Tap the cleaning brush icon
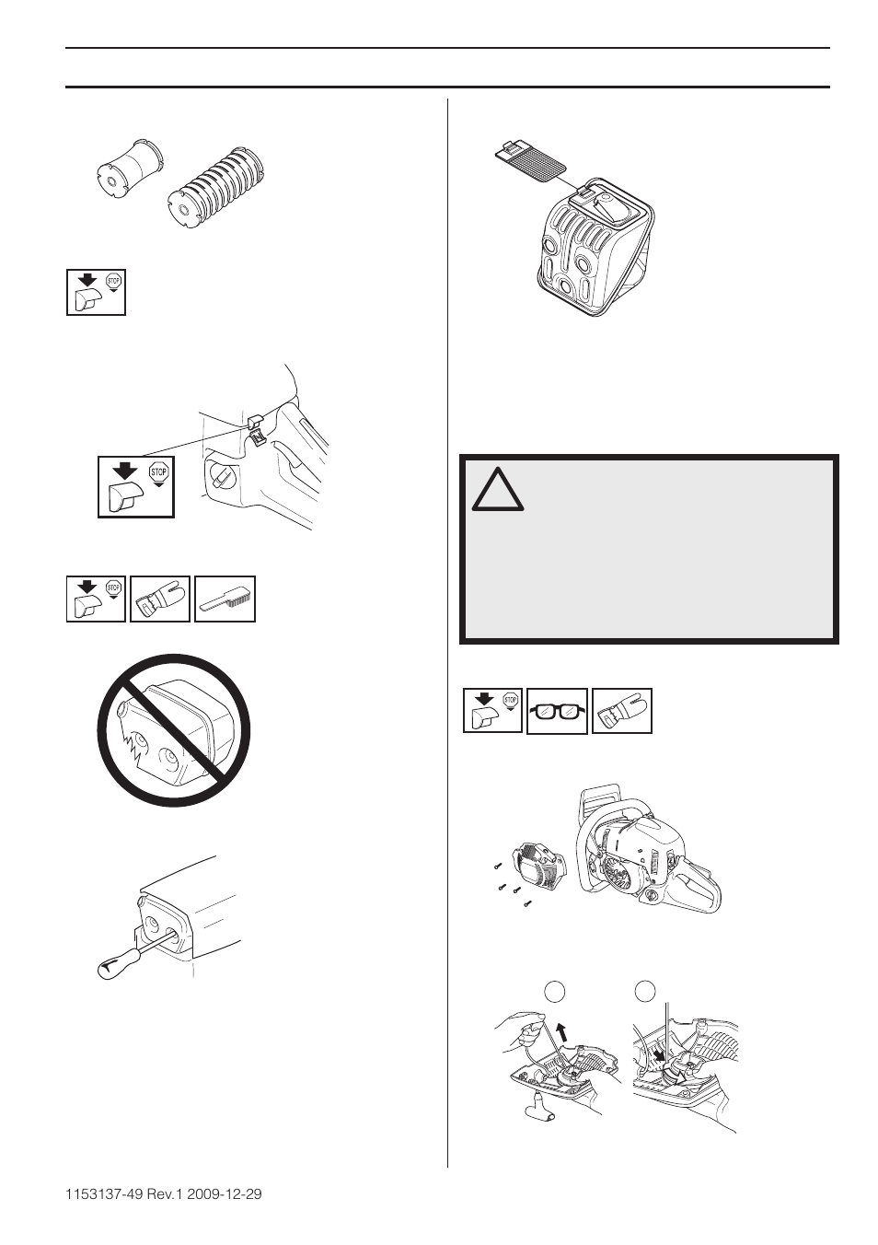(x=225, y=599)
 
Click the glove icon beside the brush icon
(x=160, y=599)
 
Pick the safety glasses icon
(x=557, y=712)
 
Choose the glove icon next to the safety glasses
(x=622, y=712)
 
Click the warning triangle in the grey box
(x=498, y=491)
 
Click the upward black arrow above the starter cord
(x=561, y=1030)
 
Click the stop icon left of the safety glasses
(x=492, y=712)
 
